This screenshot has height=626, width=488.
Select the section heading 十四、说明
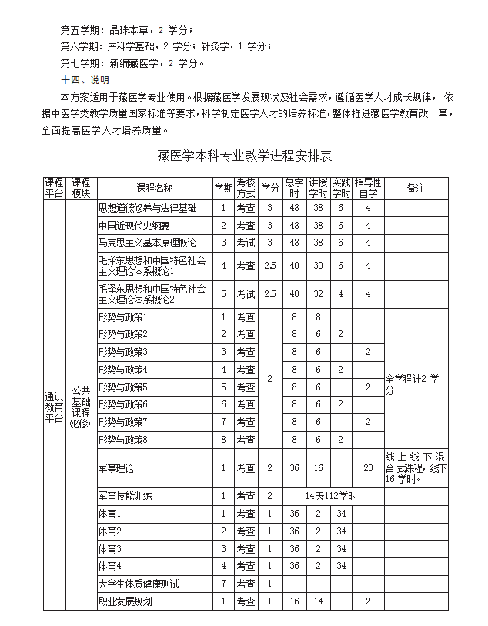[85, 79]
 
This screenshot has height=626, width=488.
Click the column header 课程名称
[154, 188]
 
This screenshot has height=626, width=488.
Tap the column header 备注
[416, 188]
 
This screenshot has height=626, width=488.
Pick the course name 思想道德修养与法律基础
[147, 208]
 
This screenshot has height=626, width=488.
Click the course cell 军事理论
[116, 467]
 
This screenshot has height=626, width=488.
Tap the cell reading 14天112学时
[332, 496]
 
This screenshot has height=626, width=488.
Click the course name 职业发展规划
[125, 601]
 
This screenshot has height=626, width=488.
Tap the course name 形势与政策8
[122, 440]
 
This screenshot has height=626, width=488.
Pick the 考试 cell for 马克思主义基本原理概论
[246, 243]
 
